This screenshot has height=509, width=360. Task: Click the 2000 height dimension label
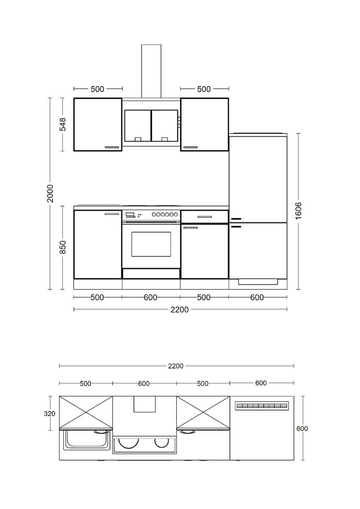(50, 193)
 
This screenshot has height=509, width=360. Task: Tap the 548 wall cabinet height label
(63, 124)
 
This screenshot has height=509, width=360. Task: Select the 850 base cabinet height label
(63, 247)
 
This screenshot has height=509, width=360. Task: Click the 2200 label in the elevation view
(180, 309)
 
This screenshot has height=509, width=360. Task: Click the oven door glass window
(151, 244)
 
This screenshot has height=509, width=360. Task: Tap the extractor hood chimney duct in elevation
(151, 70)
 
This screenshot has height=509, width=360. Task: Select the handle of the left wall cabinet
(112, 147)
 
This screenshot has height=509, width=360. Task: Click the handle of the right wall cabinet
(191, 147)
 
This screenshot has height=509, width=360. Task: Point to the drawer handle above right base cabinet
(204, 217)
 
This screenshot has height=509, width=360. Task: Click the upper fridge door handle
(236, 219)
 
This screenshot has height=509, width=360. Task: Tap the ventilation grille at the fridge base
(257, 281)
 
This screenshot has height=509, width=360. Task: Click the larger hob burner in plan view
(128, 443)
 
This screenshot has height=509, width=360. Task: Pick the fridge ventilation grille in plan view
(262, 406)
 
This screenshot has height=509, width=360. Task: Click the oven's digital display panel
(130, 215)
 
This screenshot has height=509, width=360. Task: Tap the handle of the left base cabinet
(112, 214)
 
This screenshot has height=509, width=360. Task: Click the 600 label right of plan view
(302, 428)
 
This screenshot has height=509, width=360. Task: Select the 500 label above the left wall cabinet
(97, 89)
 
